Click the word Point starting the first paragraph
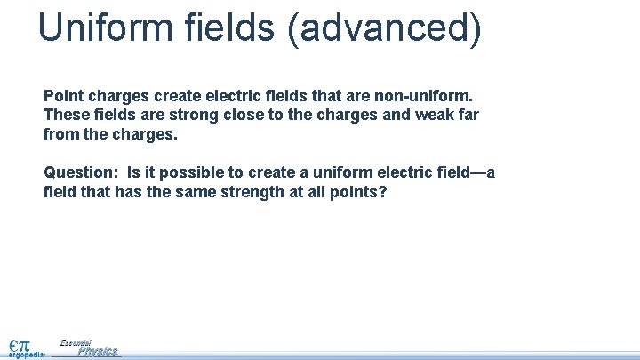pyautogui.click(x=62, y=93)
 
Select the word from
pyautogui.click(x=60, y=136)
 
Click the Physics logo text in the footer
pyautogui.click(x=98, y=351)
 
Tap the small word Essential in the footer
pyautogui.click(x=76, y=341)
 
